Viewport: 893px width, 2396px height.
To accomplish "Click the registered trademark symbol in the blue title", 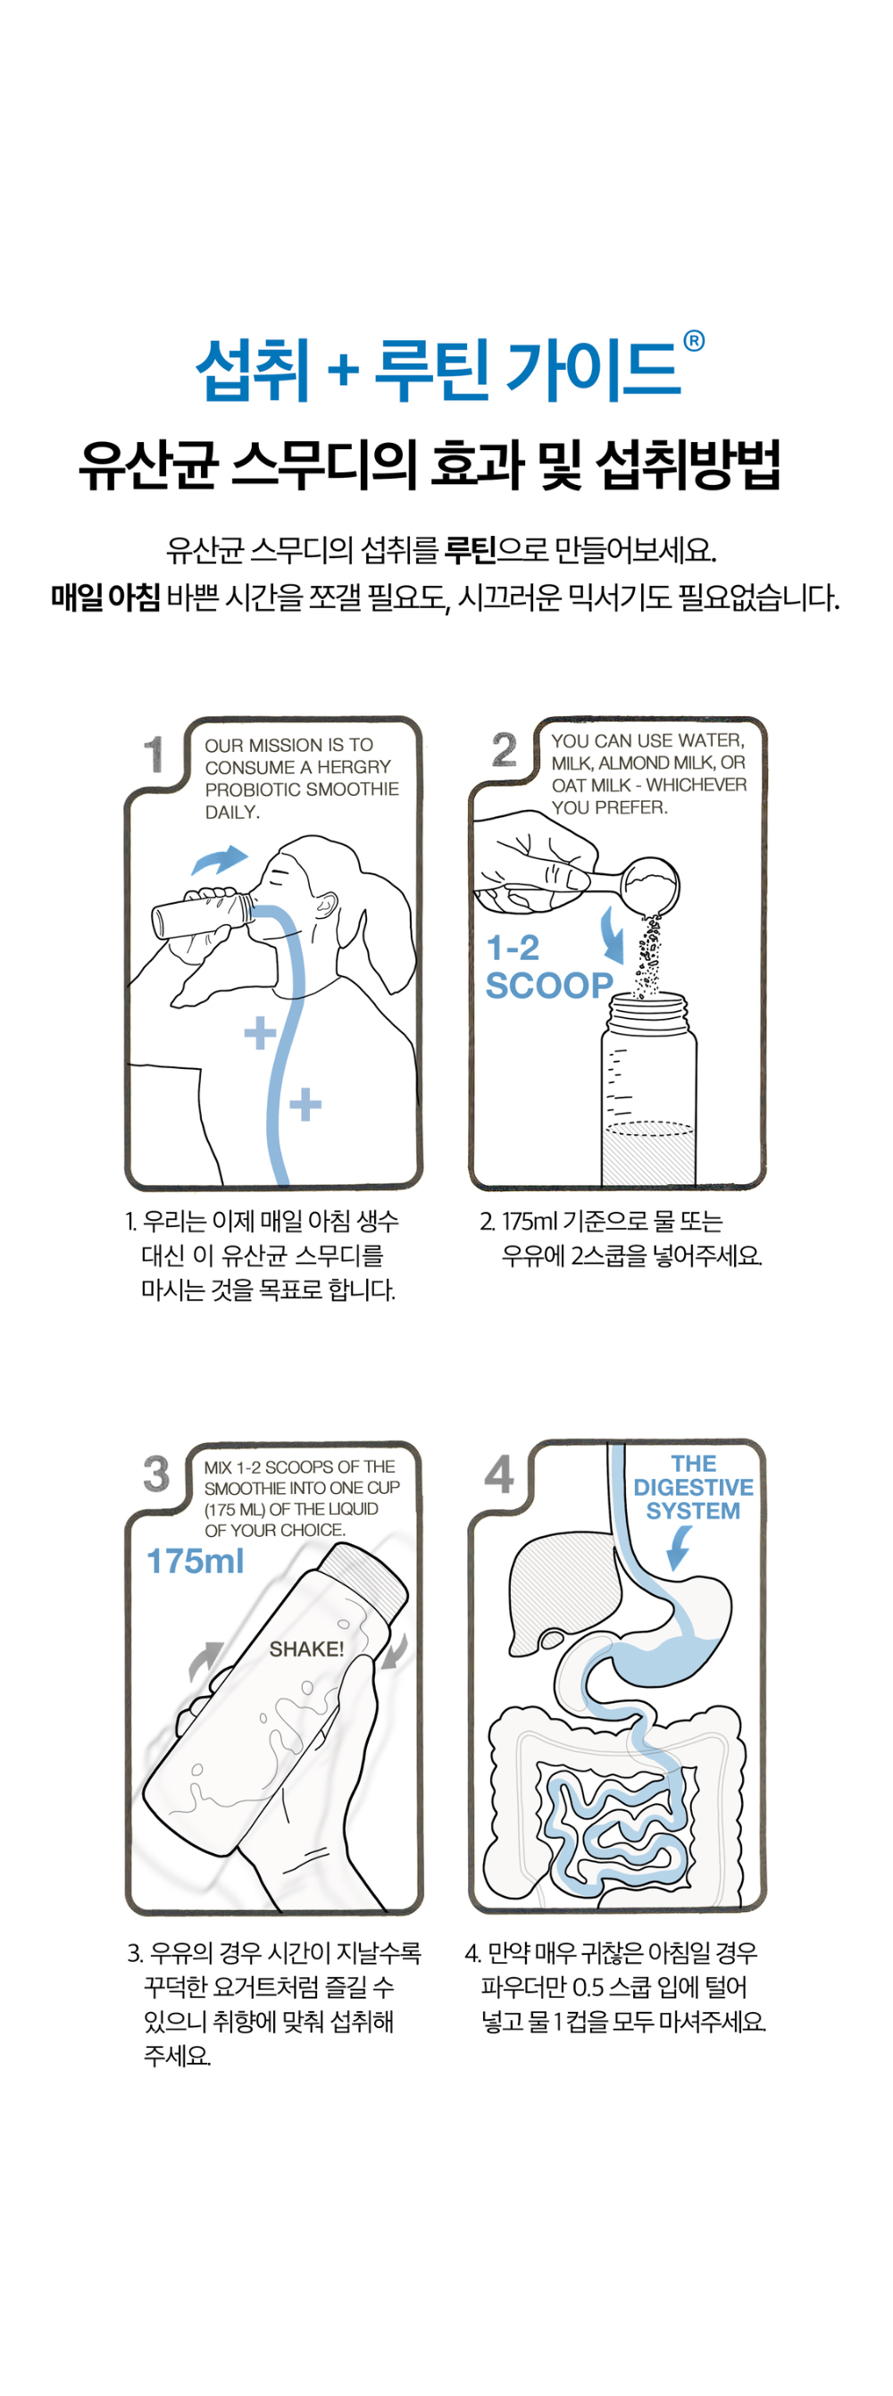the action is [694, 341].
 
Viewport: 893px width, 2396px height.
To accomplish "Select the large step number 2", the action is [505, 749].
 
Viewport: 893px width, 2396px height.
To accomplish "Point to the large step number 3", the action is [156, 1473].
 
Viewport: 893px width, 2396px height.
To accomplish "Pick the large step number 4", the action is [499, 1473].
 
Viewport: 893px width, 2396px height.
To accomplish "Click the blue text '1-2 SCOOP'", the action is [549, 967].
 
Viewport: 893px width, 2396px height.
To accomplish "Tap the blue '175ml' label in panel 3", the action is [196, 1561].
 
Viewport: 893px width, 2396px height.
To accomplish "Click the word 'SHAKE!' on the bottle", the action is [307, 1649].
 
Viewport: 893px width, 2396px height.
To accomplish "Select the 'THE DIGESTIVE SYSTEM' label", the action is [694, 1487].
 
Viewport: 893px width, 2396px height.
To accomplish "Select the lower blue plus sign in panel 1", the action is [305, 1106].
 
